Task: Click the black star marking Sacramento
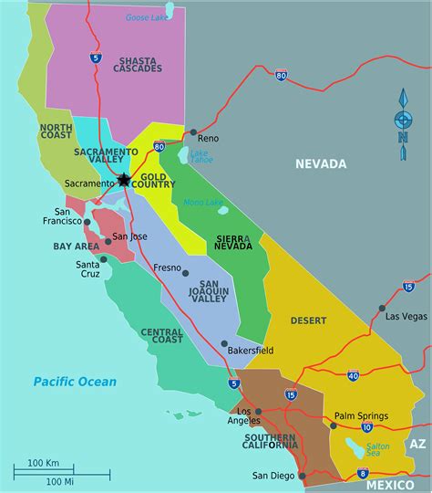[124, 180]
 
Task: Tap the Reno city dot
[193, 131]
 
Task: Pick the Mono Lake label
[202, 201]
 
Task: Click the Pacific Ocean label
[75, 381]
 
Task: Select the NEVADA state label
[320, 164]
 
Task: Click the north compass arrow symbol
[402, 120]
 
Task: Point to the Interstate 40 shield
[353, 375]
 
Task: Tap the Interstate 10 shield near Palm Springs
[365, 426]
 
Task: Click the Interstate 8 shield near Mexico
[363, 472]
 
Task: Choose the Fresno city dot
[185, 272]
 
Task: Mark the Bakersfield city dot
[224, 343]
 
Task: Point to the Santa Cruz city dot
[104, 259]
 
